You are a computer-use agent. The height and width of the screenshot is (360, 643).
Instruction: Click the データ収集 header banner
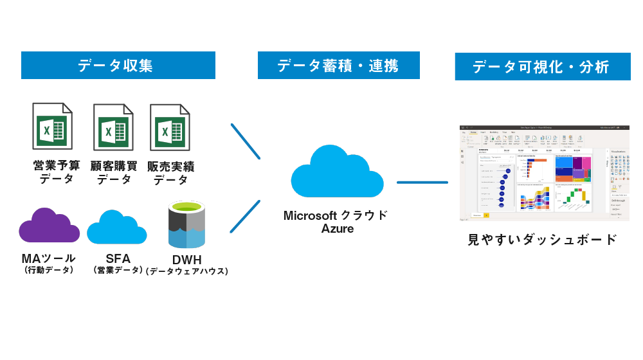[118, 66]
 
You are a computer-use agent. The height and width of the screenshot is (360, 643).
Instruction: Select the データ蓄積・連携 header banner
[338, 66]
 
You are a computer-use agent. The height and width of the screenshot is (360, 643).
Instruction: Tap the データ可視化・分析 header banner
[542, 67]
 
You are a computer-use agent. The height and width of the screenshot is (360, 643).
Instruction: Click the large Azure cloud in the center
[337, 174]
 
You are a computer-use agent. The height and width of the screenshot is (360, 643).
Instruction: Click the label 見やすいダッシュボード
[542, 240]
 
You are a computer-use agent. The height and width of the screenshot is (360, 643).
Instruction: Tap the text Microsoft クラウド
[336, 215]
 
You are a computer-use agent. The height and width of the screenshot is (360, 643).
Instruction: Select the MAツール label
[48, 258]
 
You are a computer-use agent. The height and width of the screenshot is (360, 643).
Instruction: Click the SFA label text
[118, 258]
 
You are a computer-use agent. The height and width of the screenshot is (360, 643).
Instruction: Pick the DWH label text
[187, 260]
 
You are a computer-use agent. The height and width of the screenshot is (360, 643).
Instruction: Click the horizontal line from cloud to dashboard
[422, 182]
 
